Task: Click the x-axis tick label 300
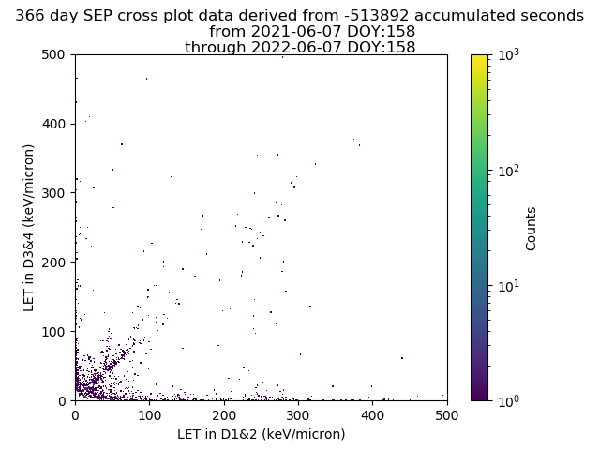point(298,414)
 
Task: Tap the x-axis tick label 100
point(149,414)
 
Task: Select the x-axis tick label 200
point(224,414)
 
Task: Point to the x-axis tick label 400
point(372,414)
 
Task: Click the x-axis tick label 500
point(447,414)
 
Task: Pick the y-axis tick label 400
point(56,124)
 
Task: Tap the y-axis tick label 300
point(56,193)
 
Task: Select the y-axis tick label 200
point(56,262)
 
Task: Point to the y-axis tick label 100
point(56,332)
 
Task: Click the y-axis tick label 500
point(56,55)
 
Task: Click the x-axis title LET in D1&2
point(261,434)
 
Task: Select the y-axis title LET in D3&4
point(29,227)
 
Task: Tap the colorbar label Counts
point(532,228)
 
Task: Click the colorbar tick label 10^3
point(510,55)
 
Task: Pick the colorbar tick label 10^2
point(510,171)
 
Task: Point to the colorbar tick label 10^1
point(510,286)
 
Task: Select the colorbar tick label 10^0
point(510,400)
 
